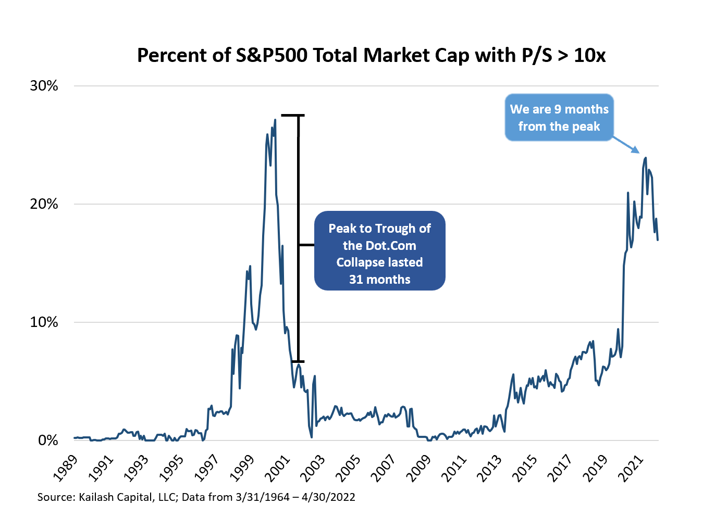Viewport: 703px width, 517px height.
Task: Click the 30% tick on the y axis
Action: coord(44,86)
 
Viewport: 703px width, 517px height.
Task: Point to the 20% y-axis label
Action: coord(44,204)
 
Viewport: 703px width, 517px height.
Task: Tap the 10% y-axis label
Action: coord(44,322)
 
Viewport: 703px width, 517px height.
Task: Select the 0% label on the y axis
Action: coord(48,440)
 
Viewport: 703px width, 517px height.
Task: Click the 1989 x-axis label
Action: coord(65,467)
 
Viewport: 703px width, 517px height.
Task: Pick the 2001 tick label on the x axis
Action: coord(277,467)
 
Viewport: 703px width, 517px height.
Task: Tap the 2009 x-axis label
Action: coord(418,467)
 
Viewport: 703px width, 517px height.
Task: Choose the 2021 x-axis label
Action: coord(631,467)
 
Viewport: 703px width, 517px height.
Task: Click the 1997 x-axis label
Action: coord(206,467)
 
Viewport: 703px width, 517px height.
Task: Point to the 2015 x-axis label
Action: coord(524,467)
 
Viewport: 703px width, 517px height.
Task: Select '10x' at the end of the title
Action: coord(589,55)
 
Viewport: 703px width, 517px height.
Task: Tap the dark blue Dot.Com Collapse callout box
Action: coord(379,250)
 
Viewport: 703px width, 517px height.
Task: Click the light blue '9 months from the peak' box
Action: coord(559,118)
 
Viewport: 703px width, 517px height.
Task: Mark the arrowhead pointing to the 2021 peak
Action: coord(636,150)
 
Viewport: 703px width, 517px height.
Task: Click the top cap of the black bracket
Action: coord(293,115)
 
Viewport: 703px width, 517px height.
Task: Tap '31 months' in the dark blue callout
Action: coord(379,280)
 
